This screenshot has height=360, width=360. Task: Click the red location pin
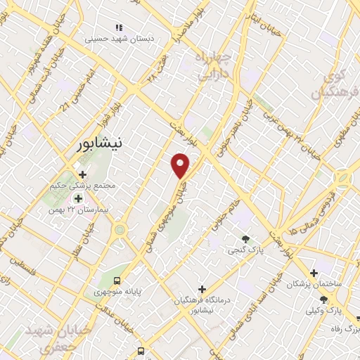[x=181, y=165]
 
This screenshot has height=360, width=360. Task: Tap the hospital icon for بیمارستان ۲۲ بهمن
[x=79, y=199]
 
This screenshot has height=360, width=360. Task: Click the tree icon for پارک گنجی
[x=245, y=240]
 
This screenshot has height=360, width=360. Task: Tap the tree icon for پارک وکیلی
[x=324, y=300]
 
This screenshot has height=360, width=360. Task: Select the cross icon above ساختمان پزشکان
[x=314, y=273]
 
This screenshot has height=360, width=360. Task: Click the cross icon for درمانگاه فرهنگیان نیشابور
[x=202, y=289]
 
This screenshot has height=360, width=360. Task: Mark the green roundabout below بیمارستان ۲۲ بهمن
[x=120, y=230]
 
